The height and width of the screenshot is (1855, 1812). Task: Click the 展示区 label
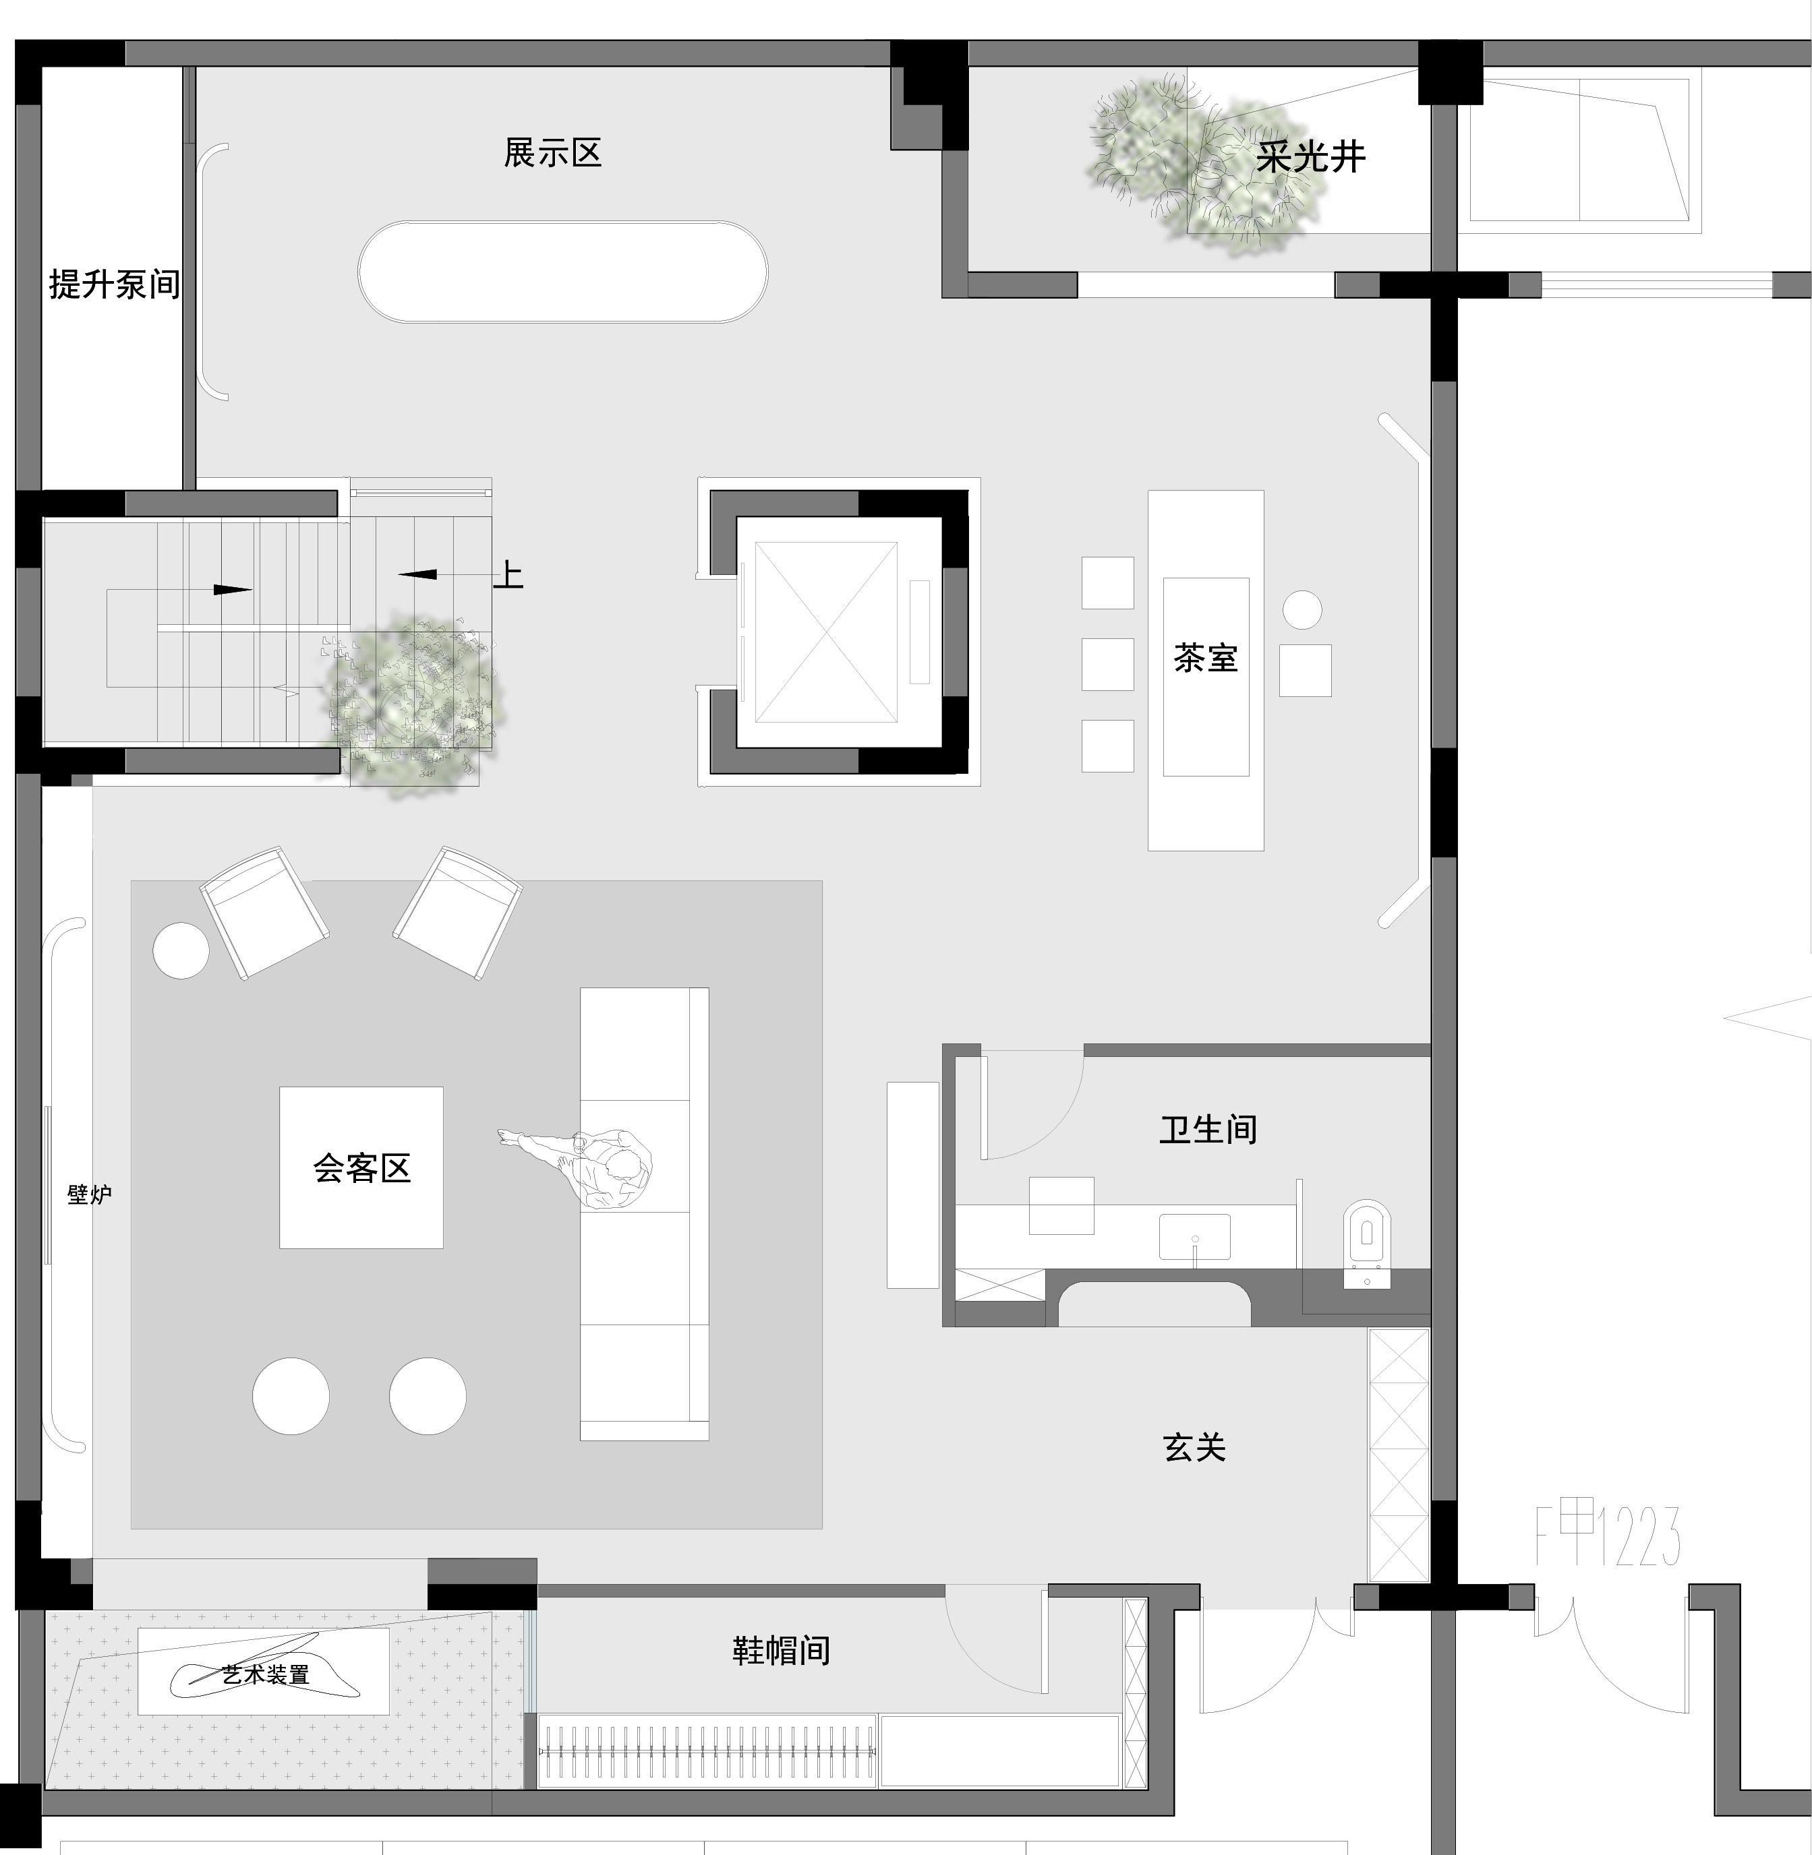click(553, 153)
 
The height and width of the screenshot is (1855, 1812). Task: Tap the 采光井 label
click(1310, 158)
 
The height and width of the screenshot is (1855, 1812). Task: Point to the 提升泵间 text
click(114, 284)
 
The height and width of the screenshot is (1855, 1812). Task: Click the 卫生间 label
click(1208, 1129)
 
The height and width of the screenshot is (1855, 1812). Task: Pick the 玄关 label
click(1194, 1448)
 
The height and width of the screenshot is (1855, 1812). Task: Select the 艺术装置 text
click(266, 1675)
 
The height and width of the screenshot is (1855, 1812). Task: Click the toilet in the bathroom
click(1367, 1242)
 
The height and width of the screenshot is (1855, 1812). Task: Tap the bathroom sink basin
click(1194, 1236)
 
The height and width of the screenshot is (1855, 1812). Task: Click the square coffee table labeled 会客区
click(361, 1167)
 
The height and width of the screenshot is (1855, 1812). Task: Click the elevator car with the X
click(825, 632)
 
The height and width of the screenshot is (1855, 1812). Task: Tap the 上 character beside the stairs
click(508, 574)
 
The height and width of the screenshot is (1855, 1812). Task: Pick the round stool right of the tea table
click(1302, 610)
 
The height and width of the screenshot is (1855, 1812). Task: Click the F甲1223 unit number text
click(1608, 1535)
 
